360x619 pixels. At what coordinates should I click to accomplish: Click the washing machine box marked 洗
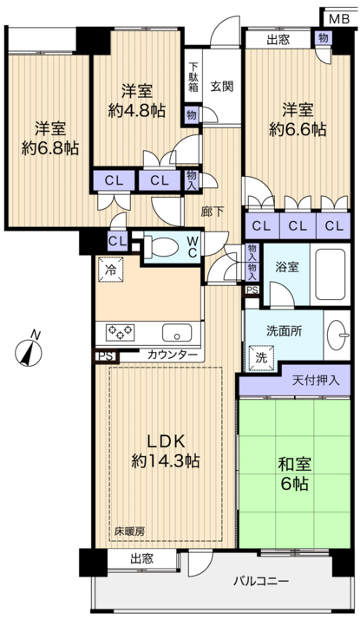pos(260,355)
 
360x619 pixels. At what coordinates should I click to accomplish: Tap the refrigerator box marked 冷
pos(110,268)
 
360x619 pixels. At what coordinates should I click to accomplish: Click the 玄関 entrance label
pos(221,86)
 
